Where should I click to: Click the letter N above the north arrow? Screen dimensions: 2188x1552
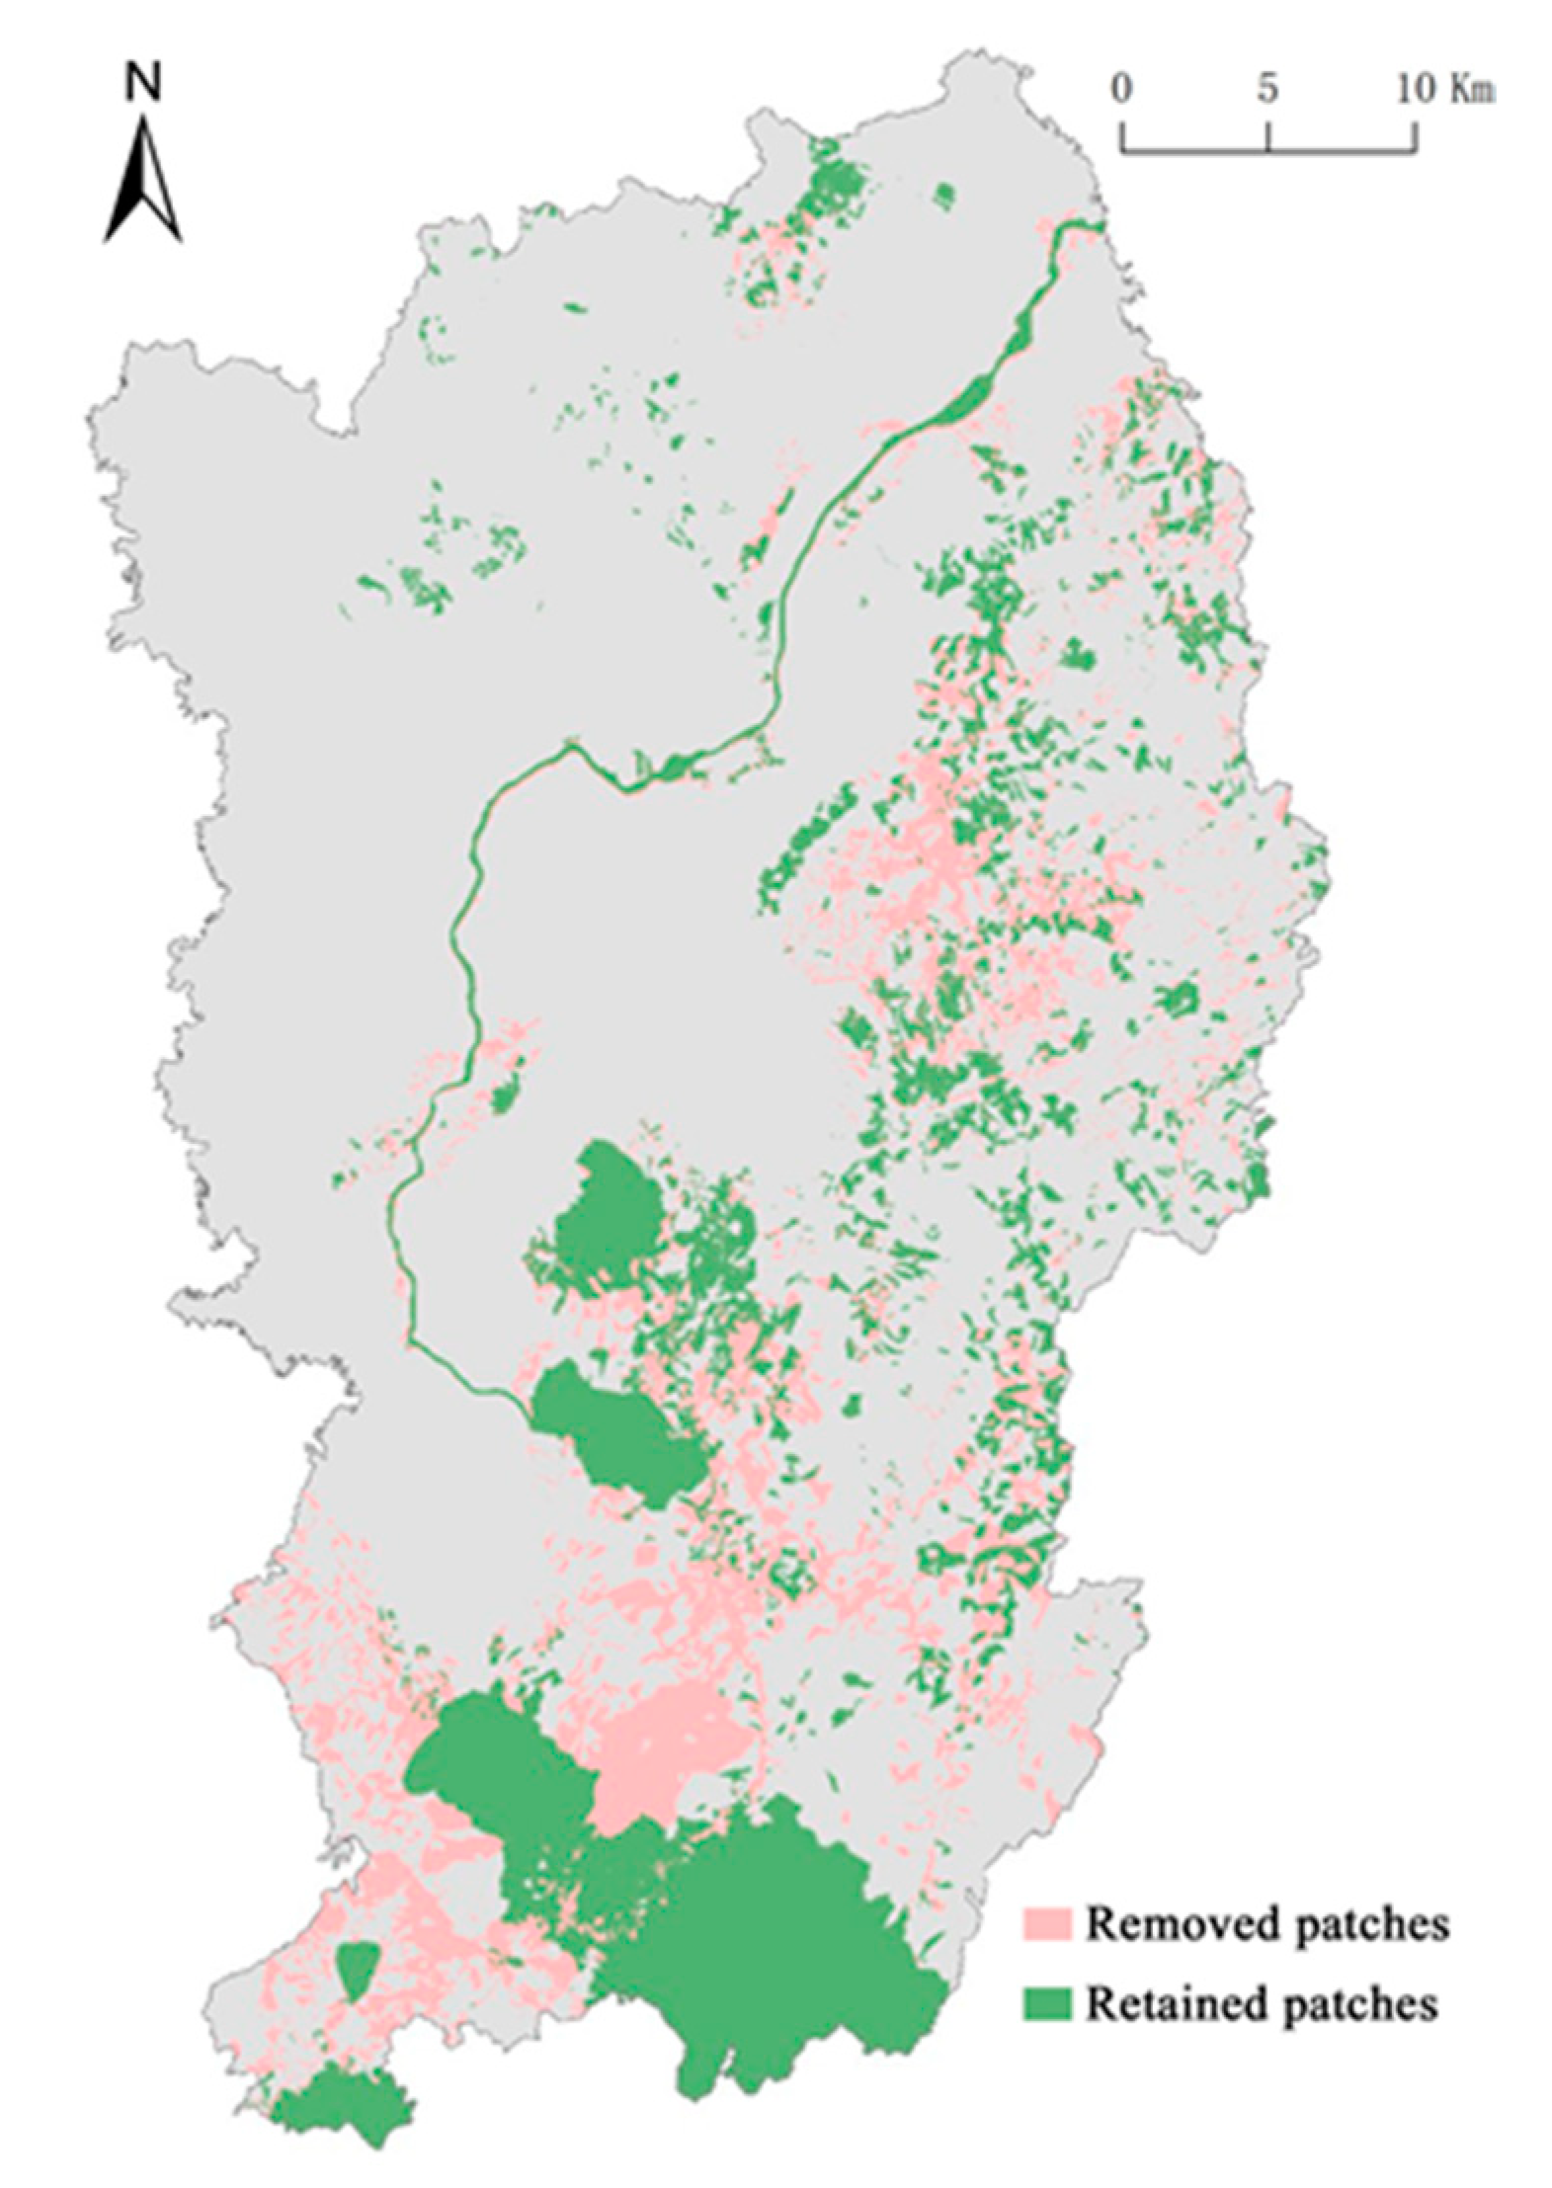point(143,86)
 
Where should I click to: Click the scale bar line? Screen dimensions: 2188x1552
point(1268,150)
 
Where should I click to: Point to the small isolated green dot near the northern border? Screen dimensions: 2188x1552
point(945,194)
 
